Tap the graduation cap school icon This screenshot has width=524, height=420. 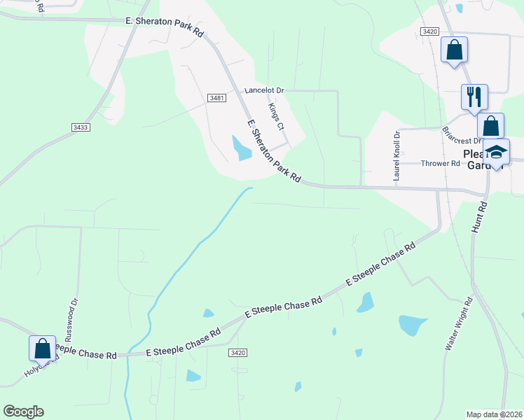(496, 152)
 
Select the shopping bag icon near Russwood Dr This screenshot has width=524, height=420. (42, 348)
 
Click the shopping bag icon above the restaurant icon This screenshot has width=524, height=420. (454, 50)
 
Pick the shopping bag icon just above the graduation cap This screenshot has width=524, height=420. (491, 127)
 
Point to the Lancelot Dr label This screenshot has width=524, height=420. (263, 90)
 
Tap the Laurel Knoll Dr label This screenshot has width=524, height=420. (397, 156)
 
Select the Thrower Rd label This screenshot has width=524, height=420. (440, 164)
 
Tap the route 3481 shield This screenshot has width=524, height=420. (216, 99)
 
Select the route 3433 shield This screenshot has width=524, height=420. (81, 127)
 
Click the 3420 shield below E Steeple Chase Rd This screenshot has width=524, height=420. (238, 353)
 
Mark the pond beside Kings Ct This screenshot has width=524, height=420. (242, 147)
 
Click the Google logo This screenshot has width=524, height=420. (24, 412)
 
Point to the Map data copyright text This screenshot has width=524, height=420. (493, 414)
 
